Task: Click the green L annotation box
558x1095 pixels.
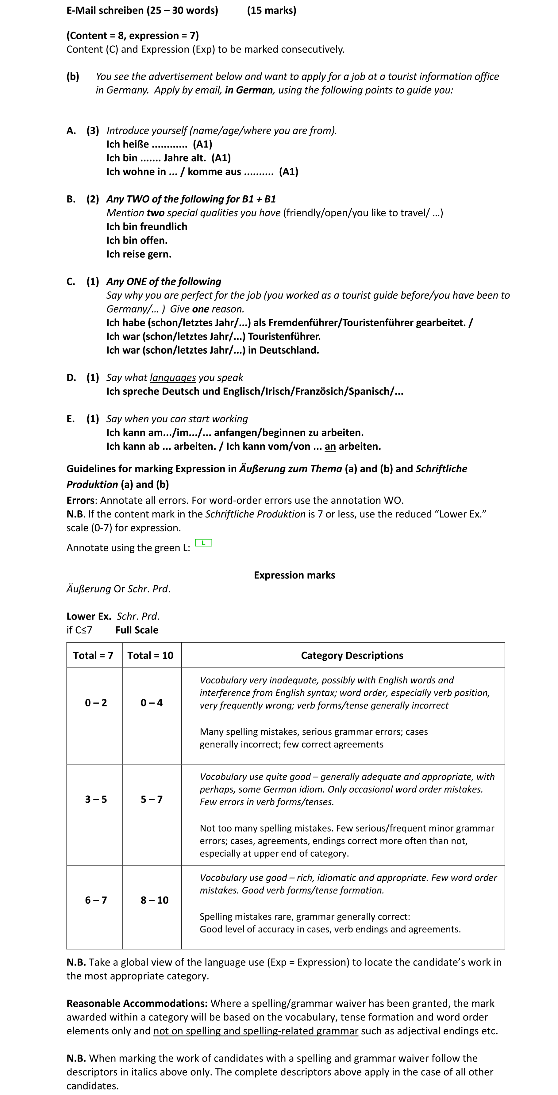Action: pos(203,543)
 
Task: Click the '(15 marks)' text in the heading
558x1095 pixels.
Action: pos(271,10)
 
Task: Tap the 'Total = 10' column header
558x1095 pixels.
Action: pos(150,655)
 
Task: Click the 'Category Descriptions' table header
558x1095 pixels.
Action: pos(352,655)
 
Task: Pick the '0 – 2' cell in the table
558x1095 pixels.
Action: pos(96,703)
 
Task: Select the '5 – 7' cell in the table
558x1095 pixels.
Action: pos(152,799)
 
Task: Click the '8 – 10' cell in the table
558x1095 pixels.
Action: pos(154,900)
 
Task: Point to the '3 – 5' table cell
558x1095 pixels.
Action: pos(96,799)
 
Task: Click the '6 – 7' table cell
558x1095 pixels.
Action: pos(96,900)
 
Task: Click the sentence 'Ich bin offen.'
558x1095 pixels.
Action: pos(137,240)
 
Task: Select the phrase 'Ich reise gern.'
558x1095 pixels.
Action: pos(139,254)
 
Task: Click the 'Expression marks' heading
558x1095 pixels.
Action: pos(294,575)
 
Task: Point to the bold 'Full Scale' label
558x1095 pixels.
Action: pos(137,630)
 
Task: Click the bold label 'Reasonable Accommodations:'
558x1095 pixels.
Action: pos(137,1003)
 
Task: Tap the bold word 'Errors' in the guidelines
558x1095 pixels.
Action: pos(80,500)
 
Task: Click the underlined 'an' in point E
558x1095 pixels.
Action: pos(330,446)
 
